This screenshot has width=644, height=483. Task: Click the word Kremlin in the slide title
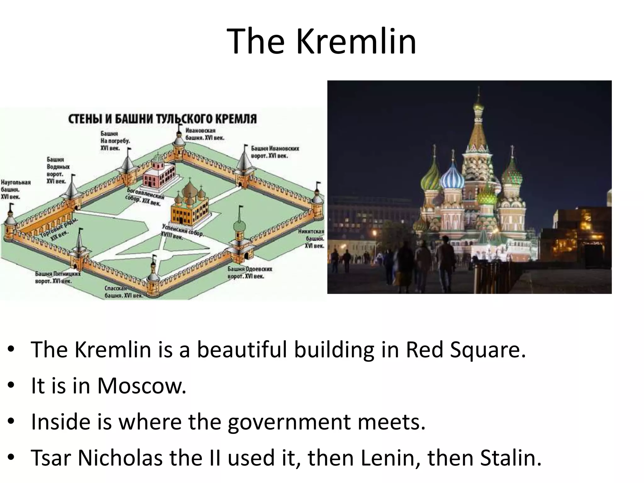coord(356,41)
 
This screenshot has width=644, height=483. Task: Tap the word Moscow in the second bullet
coord(142,386)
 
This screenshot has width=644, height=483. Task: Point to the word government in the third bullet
coord(289,422)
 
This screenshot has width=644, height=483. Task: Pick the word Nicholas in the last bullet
coord(120,458)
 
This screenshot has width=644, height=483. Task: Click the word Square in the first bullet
coord(487,350)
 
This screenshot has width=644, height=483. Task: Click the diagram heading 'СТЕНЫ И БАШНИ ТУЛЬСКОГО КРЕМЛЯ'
coord(163,119)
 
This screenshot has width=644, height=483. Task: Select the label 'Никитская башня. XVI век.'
coord(312,239)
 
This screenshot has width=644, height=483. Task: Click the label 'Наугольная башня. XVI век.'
coord(15,190)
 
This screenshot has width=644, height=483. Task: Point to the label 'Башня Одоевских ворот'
coord(250,273)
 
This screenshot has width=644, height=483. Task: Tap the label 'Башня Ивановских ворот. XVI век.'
coord(275,152)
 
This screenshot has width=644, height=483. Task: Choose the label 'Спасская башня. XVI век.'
coord(124,292)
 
